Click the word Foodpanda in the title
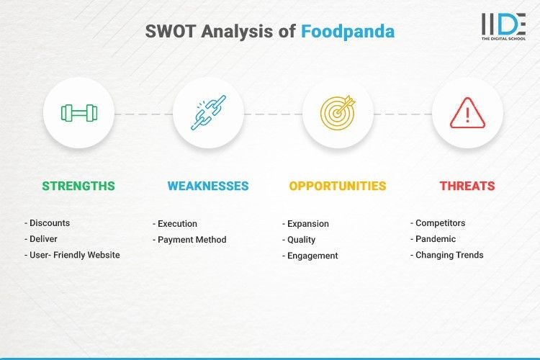(348, 32)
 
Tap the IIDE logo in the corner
(503, 27)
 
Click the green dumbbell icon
(78, 113)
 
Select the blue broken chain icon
(208, 113)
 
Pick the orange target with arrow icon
(338, 113)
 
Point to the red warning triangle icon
(467, 113)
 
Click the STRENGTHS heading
(78, 186)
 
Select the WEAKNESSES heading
(208, 186)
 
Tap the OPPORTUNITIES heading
(338, 186)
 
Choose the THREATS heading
(467, 186)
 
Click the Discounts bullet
(49, 223)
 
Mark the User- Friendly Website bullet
(72, 255)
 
